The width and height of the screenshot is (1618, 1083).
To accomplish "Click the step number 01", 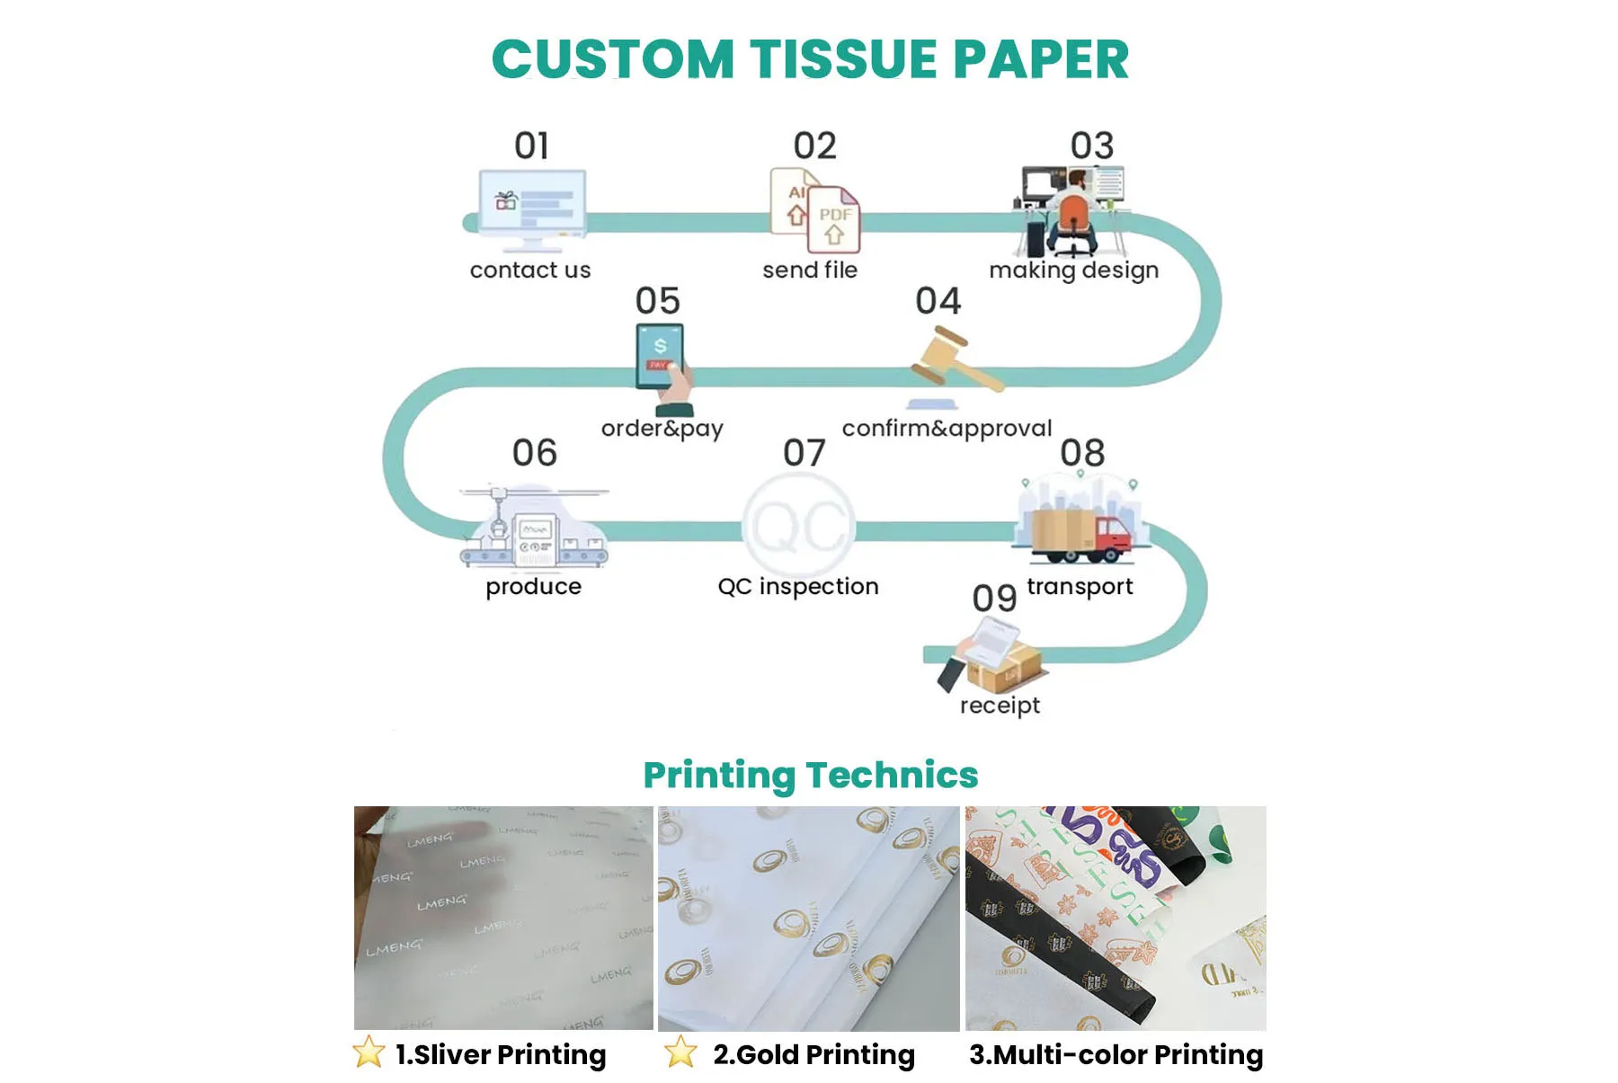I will tap(531, 146).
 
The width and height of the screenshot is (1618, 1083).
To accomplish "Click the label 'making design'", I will tap(1073, 271).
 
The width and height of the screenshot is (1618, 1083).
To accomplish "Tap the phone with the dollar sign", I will tap(660, 356).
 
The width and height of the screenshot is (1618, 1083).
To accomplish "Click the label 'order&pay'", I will tap(662, 429).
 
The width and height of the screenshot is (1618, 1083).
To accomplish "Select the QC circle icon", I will tap(798, 525).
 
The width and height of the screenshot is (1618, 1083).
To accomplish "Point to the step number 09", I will tap(994, 599).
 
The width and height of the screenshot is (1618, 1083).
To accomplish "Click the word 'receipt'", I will tap(1000, 706).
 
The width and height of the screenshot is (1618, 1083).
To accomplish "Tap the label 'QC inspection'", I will tap(798, 587).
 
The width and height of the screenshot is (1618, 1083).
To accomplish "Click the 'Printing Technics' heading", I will tap(810, 775).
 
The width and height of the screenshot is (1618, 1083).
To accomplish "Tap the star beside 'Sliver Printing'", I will tap(369, 1052).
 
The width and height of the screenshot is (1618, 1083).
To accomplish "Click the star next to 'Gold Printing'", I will tap(680, 1052).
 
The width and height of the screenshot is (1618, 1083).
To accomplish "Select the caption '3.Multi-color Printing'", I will tap(1116, 1054).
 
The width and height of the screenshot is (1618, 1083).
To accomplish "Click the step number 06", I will tap(535, 453).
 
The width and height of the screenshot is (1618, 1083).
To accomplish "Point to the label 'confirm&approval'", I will tap(947, 429).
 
